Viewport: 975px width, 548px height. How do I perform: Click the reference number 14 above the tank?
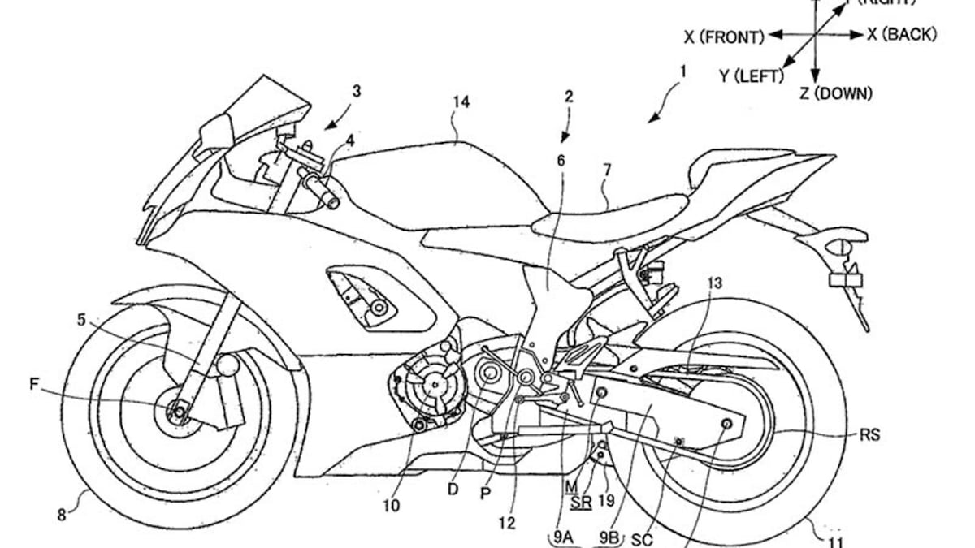tap(461, 102)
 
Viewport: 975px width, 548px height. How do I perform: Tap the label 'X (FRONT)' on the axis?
tap(724, 37)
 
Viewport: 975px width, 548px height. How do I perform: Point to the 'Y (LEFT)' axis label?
tap(750, 76)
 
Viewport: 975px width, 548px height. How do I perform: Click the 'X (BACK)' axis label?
tap(902, 34)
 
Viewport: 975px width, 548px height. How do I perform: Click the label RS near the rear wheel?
tap(869, 435)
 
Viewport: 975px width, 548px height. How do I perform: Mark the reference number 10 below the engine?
tap(391, 505)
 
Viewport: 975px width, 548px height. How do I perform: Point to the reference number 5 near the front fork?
tap(81, 319)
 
